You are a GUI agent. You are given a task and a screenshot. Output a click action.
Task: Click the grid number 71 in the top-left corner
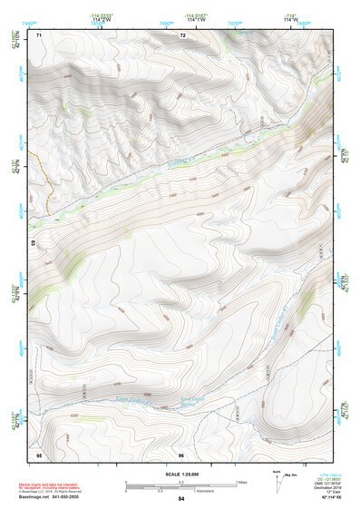point(38,34)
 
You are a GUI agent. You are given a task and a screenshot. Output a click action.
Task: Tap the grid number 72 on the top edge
point(182,34)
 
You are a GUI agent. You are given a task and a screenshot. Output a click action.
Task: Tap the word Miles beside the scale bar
point(241,482)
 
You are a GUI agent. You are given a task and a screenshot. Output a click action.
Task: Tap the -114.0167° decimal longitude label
point(194,15)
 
